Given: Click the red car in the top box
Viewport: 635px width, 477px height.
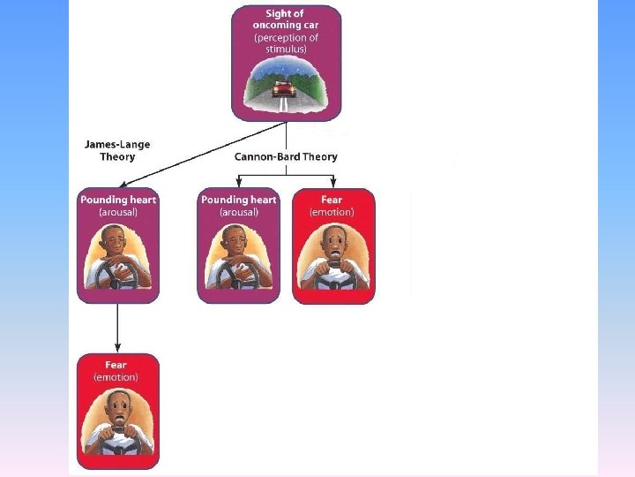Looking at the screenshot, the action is (x=284, y=88).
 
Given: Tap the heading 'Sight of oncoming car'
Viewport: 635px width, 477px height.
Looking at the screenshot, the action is (x=286, y=19).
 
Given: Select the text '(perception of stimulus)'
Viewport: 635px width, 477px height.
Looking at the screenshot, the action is (x=286, y=43).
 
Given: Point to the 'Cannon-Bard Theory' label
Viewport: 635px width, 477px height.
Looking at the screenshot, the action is (x=286, y=156).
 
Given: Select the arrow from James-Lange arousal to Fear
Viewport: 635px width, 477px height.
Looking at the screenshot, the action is (x=117, y=328).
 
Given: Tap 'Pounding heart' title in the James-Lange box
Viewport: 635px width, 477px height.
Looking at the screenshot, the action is (x=117, y=200).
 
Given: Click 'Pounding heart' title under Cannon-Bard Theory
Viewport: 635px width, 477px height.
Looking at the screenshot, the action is (x=238, y=200).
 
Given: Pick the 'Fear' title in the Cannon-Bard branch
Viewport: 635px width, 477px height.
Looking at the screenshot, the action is (x=332, y=200).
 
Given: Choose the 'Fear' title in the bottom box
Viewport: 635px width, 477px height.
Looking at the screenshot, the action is (x=116, y=365).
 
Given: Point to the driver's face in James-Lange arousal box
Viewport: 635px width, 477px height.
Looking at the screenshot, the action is (x=116, y=241).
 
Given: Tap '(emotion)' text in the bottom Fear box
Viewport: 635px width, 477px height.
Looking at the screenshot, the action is (x=116, y=377).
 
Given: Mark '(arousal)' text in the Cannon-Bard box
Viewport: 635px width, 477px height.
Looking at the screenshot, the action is (x=238, y=212).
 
